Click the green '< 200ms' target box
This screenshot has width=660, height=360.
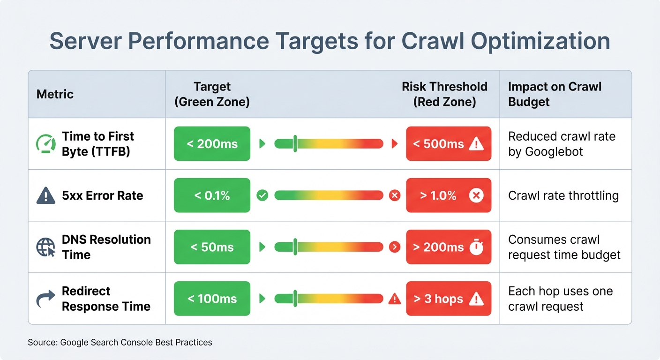[212, 144]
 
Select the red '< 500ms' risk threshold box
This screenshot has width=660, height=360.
[448, 144]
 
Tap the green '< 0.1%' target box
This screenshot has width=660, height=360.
[212, 195]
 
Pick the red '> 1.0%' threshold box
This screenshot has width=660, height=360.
[448, 195]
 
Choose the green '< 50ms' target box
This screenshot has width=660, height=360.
[212, 247]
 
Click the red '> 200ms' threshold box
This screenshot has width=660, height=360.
[448, 247]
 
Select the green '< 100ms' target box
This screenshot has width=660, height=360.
[212, 299]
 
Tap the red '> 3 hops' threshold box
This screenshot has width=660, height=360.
[448, 299]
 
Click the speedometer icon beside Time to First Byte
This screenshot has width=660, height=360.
[45, 144]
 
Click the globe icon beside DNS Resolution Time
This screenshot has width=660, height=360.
[45, 247]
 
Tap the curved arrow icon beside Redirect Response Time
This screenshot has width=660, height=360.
[45, 299]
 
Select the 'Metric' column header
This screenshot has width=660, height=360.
[55, 94]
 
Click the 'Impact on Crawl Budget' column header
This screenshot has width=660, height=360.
[555, 94]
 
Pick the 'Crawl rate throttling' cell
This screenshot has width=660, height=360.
[563, 195]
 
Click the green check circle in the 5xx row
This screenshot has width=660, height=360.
[262, 195]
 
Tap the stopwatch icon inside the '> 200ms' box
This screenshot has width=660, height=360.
[476, 247]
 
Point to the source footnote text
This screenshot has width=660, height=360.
[120, 342]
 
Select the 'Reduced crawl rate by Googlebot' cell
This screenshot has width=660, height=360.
[561, 144]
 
